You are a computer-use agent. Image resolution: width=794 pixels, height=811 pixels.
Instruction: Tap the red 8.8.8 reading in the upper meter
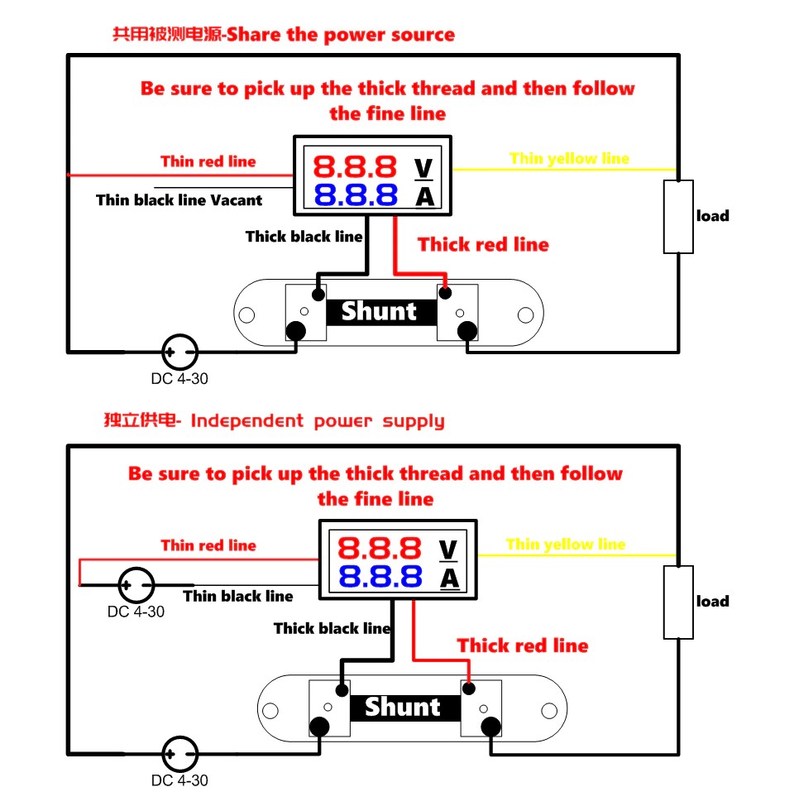[356, 168]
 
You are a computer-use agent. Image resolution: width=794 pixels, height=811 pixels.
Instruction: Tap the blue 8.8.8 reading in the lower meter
[380, 577]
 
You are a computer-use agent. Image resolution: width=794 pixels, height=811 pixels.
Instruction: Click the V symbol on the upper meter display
[423, 168]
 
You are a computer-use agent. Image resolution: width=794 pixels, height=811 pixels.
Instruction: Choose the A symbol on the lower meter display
[448, 578]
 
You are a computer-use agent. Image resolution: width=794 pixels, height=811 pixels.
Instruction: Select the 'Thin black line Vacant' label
[179, 199]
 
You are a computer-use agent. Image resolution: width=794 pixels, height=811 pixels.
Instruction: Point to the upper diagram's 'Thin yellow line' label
[569, 158]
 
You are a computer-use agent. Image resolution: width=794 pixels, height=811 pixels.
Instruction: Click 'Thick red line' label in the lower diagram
[523, 645]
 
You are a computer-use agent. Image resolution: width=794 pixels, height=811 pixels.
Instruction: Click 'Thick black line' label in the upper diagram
[304, 237]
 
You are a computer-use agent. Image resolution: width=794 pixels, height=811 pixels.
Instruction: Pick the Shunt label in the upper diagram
[379, 312]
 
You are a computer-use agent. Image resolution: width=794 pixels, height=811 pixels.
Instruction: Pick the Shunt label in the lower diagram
[403, 707]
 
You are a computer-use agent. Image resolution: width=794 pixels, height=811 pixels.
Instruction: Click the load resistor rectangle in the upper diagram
[678, 216]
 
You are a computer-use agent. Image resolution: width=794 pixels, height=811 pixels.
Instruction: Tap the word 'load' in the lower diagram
[712, 602]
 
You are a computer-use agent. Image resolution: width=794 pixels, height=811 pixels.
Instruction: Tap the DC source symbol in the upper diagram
[179, 353]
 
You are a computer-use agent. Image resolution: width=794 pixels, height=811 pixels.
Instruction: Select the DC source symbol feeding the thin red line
[136, 585]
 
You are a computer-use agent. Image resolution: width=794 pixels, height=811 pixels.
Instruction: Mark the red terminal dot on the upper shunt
[446, 292]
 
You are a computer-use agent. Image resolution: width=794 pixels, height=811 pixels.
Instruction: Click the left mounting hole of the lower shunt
[270, 709]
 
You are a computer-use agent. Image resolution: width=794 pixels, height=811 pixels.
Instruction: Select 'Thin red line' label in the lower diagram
[208, 545]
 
